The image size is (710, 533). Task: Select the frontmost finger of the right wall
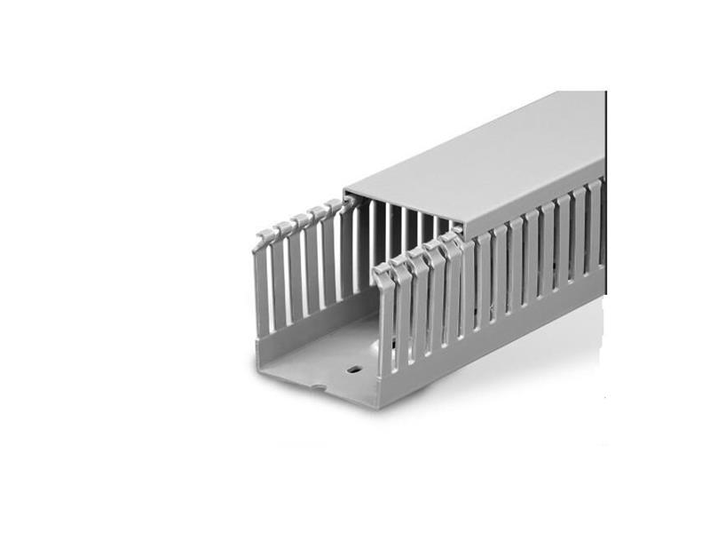pyautogui.click(x=385, y=320)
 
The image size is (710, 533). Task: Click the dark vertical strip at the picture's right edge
pyautogui.click(x=606, y=178)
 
